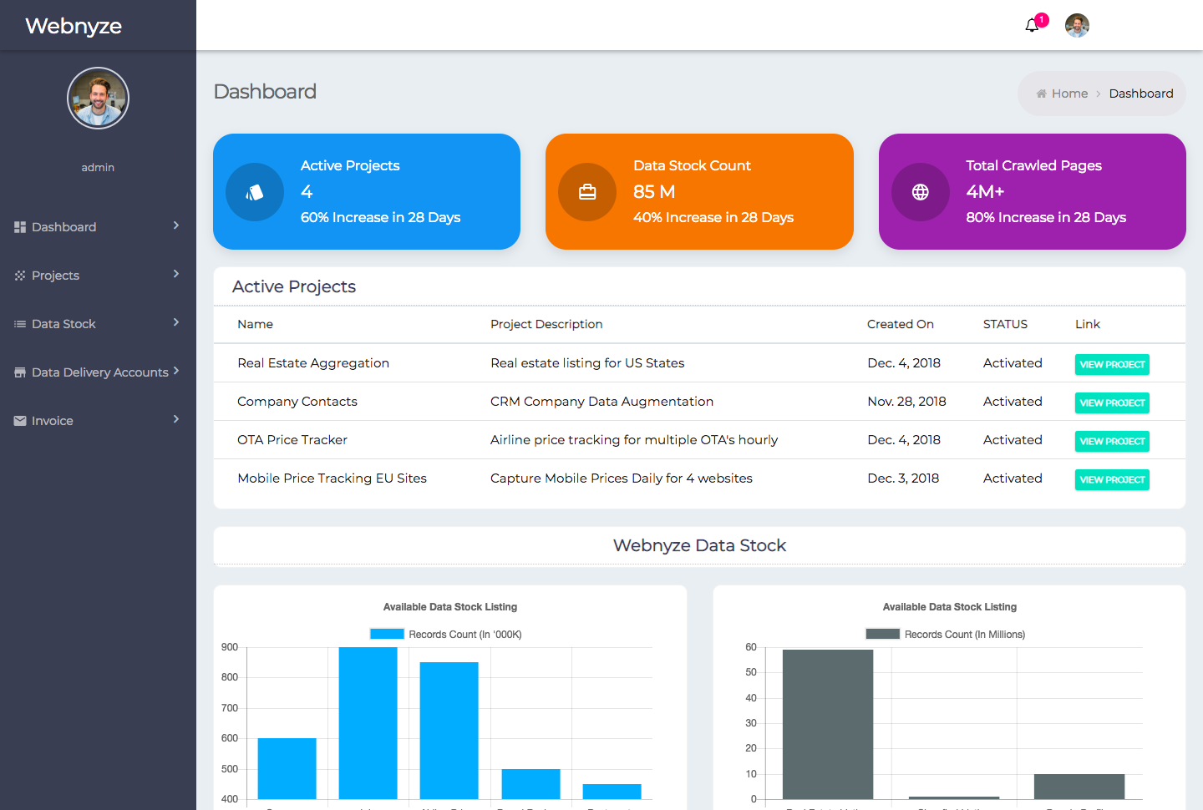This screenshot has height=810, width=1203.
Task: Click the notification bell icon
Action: (x=1032, y=26)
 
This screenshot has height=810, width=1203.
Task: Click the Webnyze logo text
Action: (x=74, y=26)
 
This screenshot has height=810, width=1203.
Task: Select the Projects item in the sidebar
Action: (x=55, y=276)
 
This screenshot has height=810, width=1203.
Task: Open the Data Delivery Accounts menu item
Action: (x=99, y=372)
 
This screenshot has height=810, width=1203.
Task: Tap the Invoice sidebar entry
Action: (x=52, y=421)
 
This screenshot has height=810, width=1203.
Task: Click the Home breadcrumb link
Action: (x=1068, y=94)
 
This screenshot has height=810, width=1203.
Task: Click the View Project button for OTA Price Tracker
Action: (x=1111, y=441)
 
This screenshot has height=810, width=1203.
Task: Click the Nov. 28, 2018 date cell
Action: (x=906, y=402)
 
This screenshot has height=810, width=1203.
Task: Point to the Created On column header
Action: (x=900, y=324)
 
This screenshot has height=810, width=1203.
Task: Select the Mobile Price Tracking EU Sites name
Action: (x=332, y=478)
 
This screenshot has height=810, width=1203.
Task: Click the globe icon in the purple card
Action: (x=920, y=192)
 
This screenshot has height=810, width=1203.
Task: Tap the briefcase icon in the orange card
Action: (x=587, y=192)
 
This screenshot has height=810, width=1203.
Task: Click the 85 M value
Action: (x=653, y=192)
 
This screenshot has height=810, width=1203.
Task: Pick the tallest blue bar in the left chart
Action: (x=368, y=722)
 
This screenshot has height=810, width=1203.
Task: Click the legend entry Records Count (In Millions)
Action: (x=946, y=635)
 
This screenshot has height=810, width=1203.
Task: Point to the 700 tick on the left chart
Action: (x=230, y=708)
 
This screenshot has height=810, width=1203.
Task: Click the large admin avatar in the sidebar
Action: (x=98, y=99)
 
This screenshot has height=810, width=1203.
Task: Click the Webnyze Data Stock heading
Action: (x=699, y=545)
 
